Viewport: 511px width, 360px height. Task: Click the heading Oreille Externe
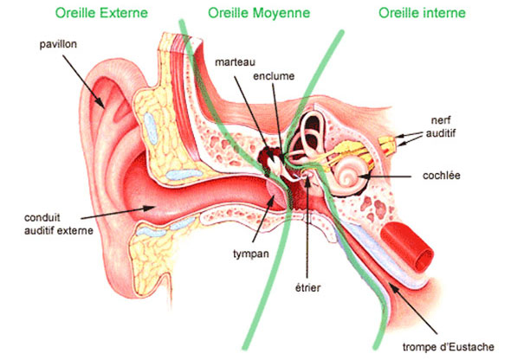(101, 13)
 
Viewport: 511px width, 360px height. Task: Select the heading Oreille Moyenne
(259, 13)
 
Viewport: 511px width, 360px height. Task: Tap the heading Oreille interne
(422, 13)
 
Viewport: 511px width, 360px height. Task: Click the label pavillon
(58, 44)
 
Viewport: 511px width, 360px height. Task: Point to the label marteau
(235, 61)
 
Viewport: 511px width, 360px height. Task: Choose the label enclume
(274, 76)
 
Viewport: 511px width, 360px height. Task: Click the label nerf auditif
(441, 126)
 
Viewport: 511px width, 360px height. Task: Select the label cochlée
(441, 176)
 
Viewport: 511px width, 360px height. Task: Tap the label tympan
(251, 254)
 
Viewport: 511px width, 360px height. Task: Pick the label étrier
(307, 287)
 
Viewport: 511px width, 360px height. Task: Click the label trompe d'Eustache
(448, 347)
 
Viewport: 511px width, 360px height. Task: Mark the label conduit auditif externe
(59, 224)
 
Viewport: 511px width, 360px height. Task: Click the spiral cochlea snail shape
(348, 177)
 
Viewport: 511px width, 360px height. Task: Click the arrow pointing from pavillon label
(84, 81)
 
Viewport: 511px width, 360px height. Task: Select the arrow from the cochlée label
(385, 177)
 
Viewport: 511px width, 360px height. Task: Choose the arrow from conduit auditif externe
(118, 212)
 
